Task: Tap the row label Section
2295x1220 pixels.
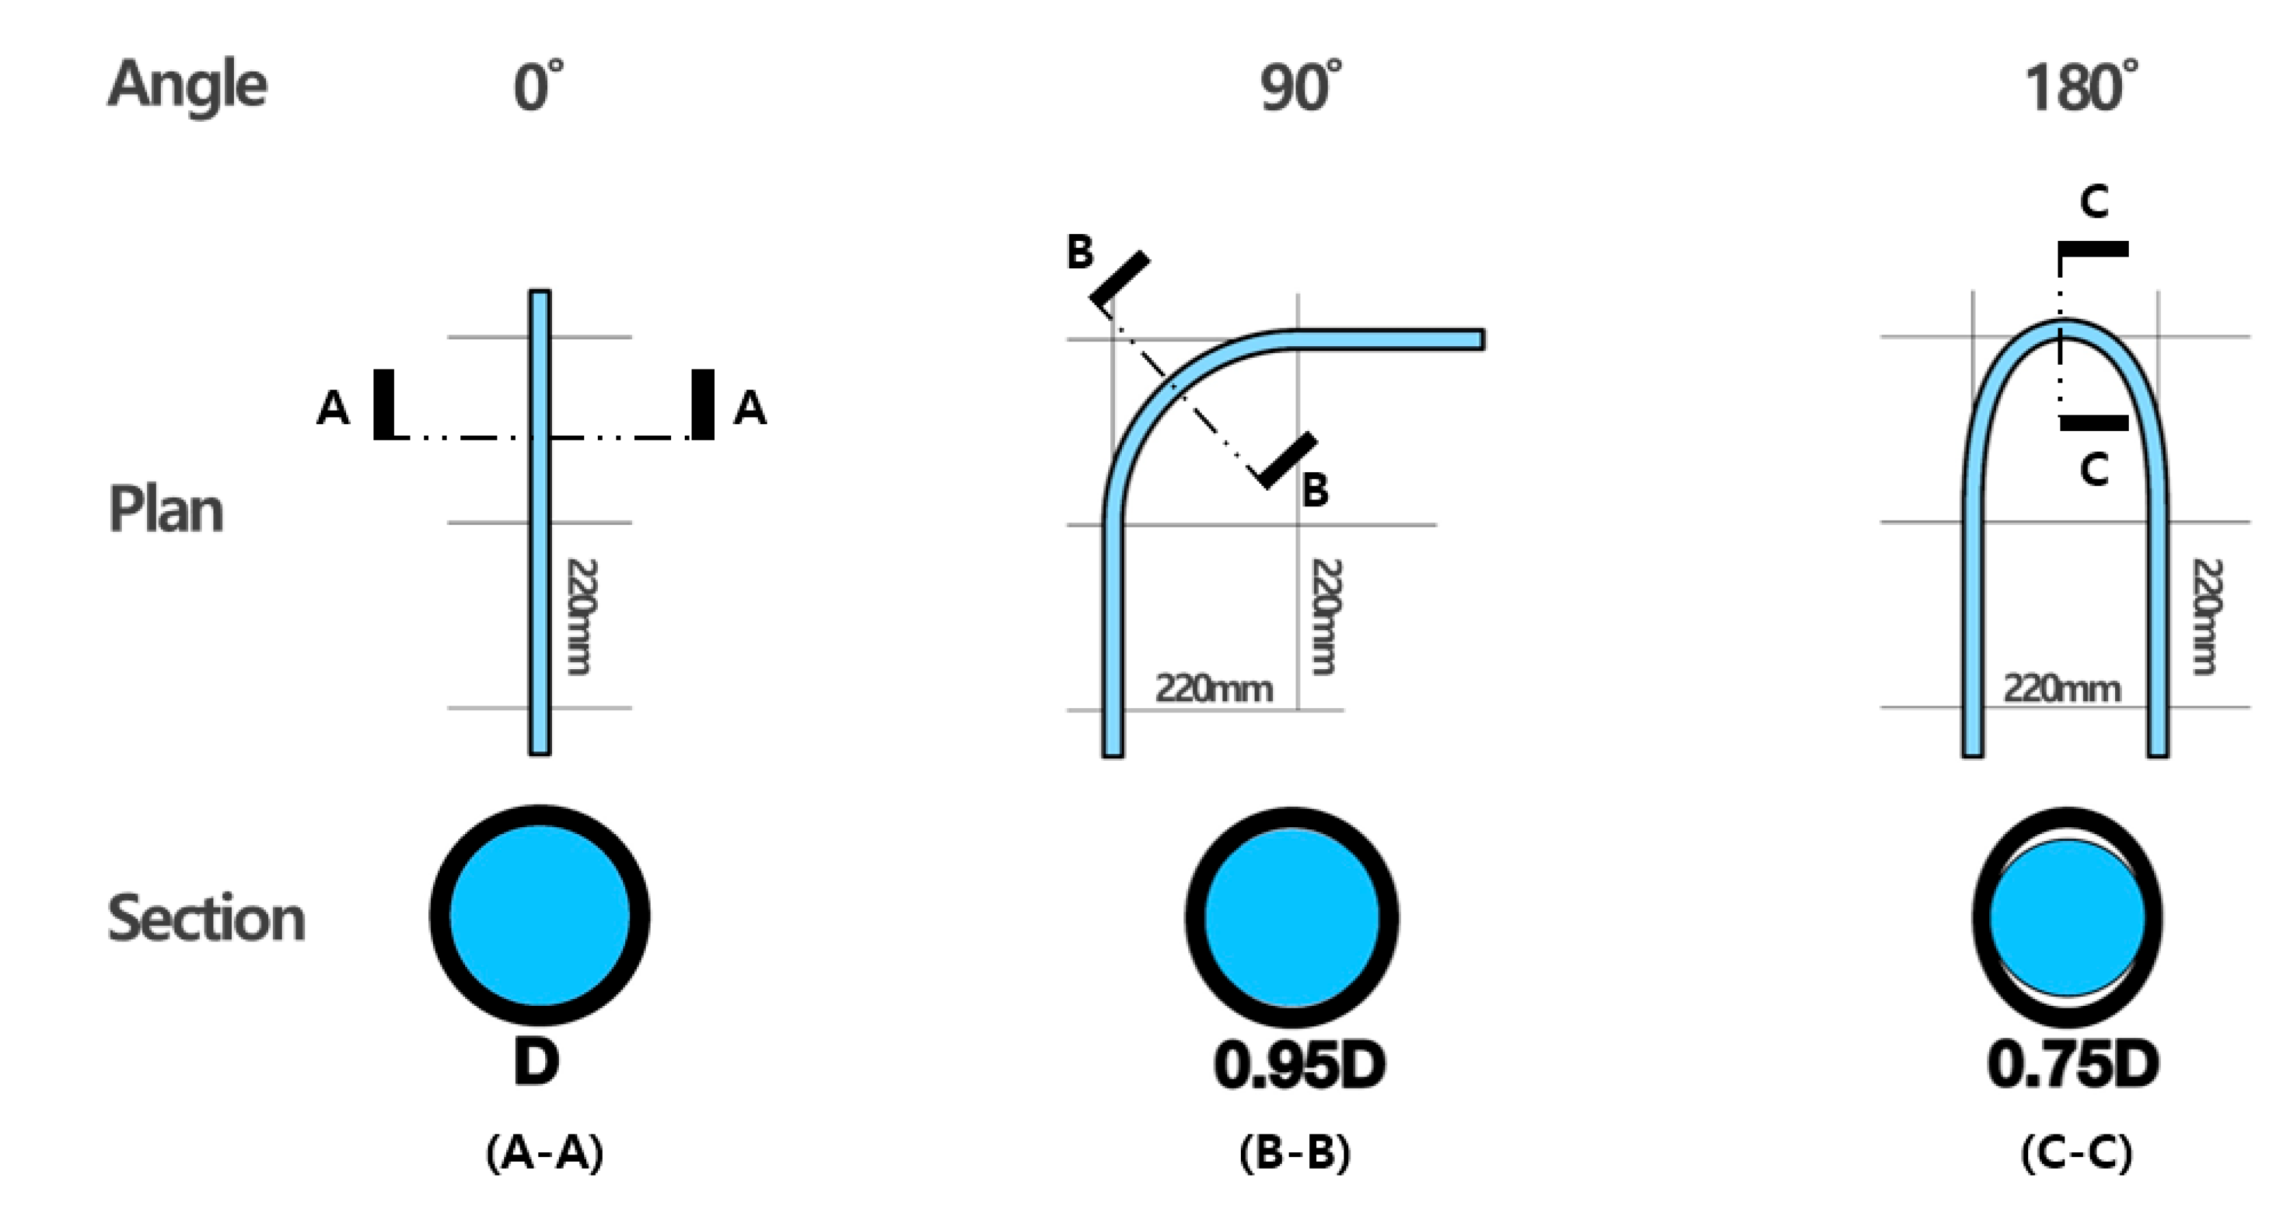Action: pyautogui.click(x=206, y=918)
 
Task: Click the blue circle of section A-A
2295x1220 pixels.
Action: pyautogui.click(x=540, y=916)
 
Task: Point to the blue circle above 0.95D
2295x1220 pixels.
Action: pyautogui.click(x=1291, y=917)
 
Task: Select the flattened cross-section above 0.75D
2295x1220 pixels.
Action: pyautogui.click(x=2067, y=918)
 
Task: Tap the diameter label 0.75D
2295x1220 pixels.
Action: pyautogui.click(x=2072, y=1064)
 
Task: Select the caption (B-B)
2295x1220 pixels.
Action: pyautogui.click(x=1294, y=1153)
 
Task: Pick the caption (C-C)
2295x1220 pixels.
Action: pyautogui.click(x=2076, y=1153)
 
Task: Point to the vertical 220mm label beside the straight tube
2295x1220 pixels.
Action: pyautogui.click(x=580, y=617)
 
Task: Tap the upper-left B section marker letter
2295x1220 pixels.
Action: pyautogui.click(x=1080, y=253)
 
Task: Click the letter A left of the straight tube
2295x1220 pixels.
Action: pyautogui.click(x=333, y=409)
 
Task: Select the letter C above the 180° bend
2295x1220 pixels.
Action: pyautogui.click(x=2094, y=203)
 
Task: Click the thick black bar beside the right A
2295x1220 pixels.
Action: pyautogui.click(x=703, y=404)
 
